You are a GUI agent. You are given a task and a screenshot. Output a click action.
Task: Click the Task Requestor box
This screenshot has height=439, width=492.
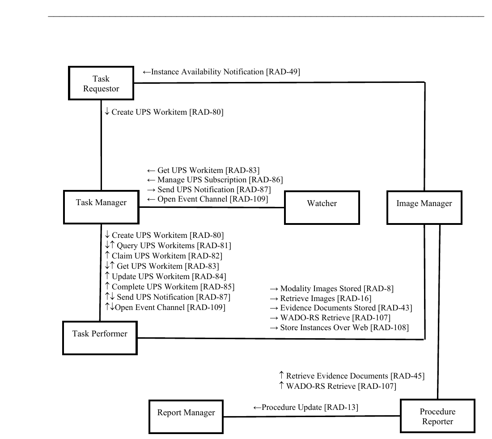tap(101, 83)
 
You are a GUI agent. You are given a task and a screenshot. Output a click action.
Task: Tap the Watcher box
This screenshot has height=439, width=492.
tap(322, 207)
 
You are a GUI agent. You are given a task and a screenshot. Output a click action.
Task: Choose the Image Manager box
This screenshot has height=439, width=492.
tap(424, 207)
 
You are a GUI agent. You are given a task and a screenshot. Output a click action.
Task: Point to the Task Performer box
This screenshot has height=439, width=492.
tap(100, 337)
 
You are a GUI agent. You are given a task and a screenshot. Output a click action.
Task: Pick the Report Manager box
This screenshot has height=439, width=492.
tap(186, 416)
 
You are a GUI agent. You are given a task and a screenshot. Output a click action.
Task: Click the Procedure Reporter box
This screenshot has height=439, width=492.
tap(437, 416)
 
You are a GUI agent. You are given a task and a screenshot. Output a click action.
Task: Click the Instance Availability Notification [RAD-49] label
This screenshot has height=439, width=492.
tap(221, 72)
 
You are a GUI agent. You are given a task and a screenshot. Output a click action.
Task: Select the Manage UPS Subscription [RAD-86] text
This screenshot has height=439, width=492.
tap(215, 180)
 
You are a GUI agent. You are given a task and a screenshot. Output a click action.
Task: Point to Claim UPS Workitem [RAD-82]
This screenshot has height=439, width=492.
tap(163, 256)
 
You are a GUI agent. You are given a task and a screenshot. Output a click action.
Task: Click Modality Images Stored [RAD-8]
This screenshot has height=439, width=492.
tap(331, 288)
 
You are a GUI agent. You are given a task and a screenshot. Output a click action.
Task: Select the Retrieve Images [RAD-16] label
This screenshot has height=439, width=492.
tap(320, 298)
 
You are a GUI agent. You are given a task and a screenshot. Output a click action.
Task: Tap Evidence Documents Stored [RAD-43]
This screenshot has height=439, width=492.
tap(341, 308)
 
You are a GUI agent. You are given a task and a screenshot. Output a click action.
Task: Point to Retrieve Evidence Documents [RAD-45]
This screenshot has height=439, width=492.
tap(352, 376)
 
